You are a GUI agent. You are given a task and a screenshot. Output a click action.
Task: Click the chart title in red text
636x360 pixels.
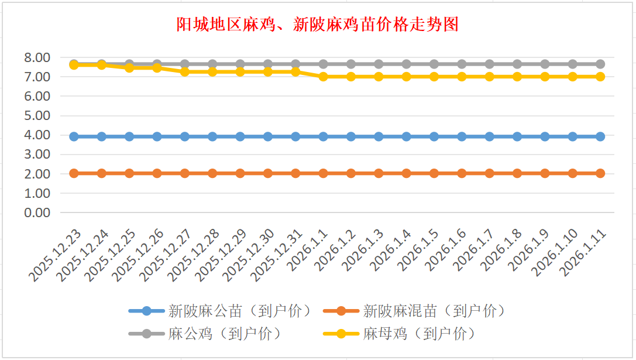[x=317, y=25]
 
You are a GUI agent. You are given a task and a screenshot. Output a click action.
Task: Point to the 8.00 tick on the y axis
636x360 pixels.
[x=36, y=57]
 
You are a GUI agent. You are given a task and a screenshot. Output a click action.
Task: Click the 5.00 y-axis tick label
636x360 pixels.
[x=36, y=115]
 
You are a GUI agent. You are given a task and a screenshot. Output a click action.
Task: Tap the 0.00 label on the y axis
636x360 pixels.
[x=36, y=212]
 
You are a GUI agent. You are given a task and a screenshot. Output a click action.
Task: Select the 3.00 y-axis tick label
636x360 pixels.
[x=36, y=155]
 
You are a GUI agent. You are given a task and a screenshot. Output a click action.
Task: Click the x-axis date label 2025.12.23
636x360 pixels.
[x=57, y=255]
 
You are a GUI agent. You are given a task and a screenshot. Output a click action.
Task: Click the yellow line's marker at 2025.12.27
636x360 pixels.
[x=185, y=71]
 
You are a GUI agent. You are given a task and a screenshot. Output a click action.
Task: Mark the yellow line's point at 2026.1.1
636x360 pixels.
[x=324, y=77]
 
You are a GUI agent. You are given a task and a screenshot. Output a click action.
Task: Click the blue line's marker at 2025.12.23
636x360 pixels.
[x=74, y=136]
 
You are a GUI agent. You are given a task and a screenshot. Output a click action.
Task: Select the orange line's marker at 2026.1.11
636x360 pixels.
[x=600, y=173]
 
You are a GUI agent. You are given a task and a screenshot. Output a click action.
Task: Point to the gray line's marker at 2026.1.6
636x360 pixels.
[x=462, y=64]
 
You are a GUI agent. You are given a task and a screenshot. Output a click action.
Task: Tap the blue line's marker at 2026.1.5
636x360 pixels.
[x=434, y=136]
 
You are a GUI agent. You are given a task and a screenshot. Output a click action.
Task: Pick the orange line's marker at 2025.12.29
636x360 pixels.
[x=240, y=173]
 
